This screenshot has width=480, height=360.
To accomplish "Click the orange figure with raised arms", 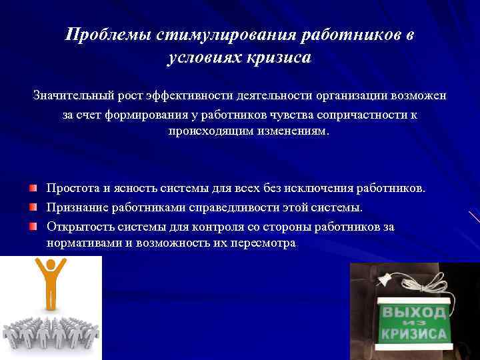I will tap(50, 283).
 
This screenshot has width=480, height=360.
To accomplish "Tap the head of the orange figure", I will tap(50, 265).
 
